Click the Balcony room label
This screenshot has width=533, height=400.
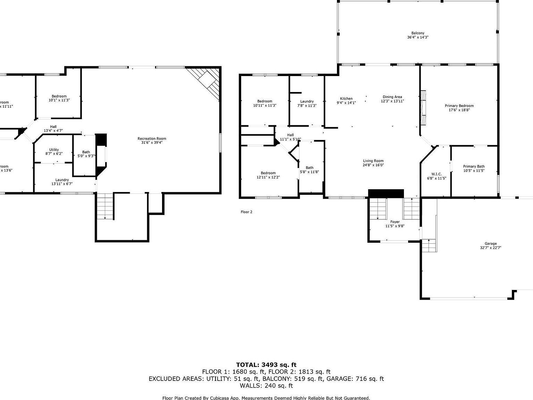(x=417, y=33)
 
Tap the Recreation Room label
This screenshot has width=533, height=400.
(x=152, y=139)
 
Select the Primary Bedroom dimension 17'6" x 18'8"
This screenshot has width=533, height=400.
(x=459, y=110)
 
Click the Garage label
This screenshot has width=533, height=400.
(x=491, y=243)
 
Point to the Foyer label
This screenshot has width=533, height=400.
(x=395, y=222)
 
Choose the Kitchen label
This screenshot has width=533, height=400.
(x=346, y=99)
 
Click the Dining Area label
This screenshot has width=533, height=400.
(x=392, y=97)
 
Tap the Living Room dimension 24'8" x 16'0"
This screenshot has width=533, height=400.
(x=373, y=165)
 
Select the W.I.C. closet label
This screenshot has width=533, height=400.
(x=436, y=174)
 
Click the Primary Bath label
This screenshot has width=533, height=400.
(x=474, y=166)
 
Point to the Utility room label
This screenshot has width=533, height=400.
(x=54, y=150)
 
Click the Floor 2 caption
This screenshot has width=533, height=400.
(x=246, y=212)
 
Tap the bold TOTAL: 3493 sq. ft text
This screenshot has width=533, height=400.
(x=266, y=365)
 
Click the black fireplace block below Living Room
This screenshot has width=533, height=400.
(x=386, y=193)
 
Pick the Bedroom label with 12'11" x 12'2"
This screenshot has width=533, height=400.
(x=268, y=173)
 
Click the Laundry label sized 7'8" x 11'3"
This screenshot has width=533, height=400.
(x=307, y=101)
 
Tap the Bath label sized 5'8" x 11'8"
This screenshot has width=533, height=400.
(x=309, y=168)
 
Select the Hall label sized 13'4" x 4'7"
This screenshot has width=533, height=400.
(x=53, y=127)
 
